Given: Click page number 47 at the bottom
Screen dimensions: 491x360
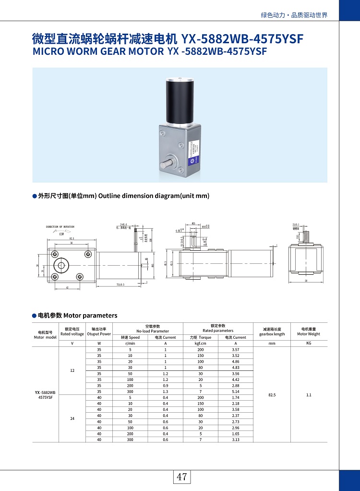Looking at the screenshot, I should [181, 477].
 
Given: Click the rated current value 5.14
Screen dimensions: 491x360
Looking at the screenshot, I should [235, 392].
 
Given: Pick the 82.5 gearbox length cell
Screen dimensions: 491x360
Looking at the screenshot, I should [272, 394].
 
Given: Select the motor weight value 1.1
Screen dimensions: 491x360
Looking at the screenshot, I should [309, 394].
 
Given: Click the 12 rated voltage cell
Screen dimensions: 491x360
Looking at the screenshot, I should [72, 370].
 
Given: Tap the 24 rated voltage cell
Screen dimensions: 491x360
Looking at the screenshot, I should [72, 418].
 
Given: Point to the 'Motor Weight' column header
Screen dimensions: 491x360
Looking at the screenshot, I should [309, 334].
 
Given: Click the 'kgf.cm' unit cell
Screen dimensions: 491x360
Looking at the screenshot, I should [200, 344].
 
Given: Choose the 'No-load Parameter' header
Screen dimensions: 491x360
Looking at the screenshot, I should [153, 331].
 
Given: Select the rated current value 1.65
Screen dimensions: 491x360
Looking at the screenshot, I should [235, 434].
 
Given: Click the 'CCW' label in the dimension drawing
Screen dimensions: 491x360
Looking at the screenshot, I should [61, 234].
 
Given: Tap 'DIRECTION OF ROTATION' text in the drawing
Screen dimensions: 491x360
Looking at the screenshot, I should [60, 226].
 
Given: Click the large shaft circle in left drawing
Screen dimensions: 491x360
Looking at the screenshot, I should [61, 265].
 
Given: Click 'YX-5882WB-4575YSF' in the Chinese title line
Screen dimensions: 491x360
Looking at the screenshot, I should [242, 38].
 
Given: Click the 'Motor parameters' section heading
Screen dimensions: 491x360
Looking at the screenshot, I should [90, 316].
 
